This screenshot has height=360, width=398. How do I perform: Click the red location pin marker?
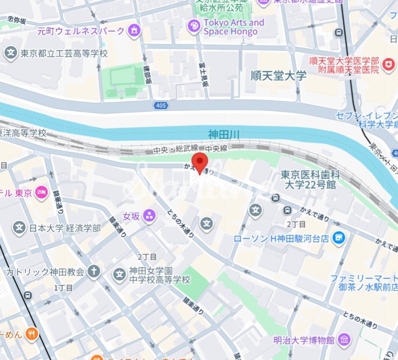(201, 163)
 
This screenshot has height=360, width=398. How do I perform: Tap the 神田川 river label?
(224, 134)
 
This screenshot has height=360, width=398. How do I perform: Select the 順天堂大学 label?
(278, 76)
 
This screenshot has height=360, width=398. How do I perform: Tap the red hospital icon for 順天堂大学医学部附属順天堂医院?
(387, 64)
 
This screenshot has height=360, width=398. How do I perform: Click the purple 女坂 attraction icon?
(149, 216)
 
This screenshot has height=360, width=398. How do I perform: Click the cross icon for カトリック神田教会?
(93, 272)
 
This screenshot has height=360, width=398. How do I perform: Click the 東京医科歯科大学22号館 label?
(310, 180)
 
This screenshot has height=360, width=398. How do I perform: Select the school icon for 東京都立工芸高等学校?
(10, 52)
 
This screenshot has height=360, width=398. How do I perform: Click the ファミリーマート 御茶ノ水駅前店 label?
(363, 284)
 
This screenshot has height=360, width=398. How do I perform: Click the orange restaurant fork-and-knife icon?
(32, 333)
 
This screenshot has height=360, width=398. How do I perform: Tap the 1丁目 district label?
(63, 288)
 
